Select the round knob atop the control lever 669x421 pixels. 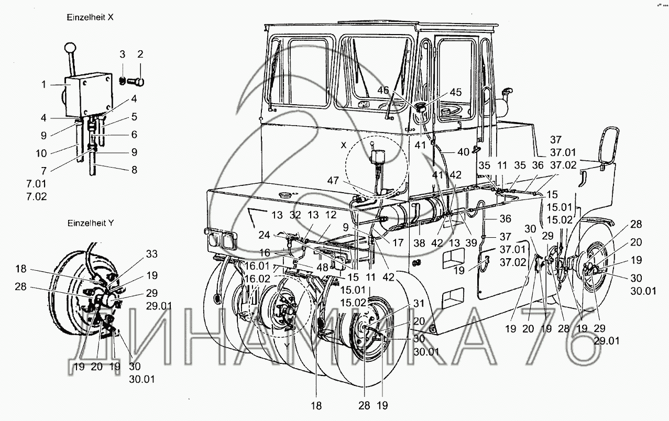point(69,49)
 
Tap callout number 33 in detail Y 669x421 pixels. point(152,255)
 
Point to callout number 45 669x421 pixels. point(455,92)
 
